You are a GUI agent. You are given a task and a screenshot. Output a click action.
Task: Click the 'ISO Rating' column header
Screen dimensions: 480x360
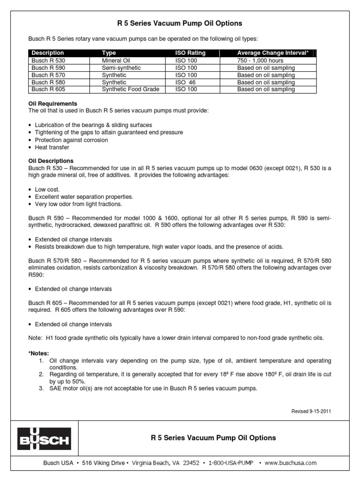[190, 53]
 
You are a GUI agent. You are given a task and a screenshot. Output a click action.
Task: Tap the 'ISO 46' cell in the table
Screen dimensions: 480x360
[186, 82]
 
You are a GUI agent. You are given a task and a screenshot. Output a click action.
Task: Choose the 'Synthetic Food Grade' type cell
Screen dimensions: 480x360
[130, 89]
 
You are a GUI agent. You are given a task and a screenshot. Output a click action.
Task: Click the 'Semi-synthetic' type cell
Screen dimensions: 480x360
[121, 68]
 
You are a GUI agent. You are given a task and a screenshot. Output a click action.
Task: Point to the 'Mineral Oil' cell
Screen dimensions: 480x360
[116, 60]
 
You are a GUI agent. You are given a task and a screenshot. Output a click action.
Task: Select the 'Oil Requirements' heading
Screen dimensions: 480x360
[52, 104]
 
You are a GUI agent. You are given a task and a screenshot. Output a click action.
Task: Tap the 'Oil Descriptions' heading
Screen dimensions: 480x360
[51, 161]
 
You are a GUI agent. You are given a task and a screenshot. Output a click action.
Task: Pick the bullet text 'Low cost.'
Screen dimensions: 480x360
[47, 189]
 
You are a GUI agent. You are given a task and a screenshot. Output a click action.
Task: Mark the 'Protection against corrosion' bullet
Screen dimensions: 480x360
[71, 140]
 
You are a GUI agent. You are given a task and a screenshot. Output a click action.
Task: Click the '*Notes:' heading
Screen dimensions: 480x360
[38, 352]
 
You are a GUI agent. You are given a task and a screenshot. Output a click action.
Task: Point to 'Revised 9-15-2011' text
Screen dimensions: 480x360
[312, 411]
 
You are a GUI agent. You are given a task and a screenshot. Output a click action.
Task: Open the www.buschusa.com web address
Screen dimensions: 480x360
[290, 463]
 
